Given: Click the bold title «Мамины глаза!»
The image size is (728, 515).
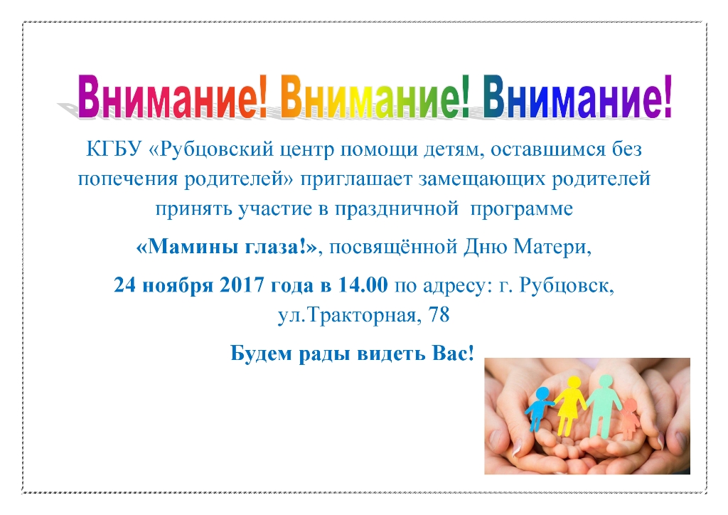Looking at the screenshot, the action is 227,247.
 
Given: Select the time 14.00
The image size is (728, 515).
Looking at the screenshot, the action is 363,285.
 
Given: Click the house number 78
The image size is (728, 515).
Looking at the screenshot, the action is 439,315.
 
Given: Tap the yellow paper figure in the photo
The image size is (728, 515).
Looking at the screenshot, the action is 570,404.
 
